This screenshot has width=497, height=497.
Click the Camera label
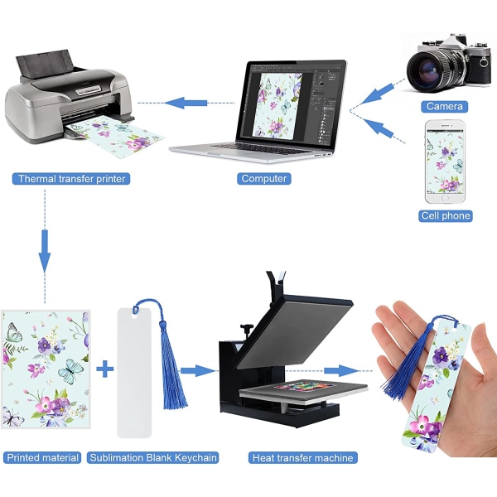[x=444, y=107]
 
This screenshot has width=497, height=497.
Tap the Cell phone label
[x=446, y=216]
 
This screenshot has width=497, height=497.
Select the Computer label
[x=264, y=179]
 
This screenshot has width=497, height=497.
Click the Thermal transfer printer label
[x=71, y=179]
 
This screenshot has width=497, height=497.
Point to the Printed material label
[x=42, y=458]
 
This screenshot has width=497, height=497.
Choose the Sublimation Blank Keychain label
[x=153, y=458]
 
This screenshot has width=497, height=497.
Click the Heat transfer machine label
[x=302, y=458]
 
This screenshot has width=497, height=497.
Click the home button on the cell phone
[x=445, y=198]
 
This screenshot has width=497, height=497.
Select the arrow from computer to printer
[x=186, y=103]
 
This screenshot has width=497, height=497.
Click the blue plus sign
[x=105, y=369]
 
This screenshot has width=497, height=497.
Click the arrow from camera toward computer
[x=377, y=94]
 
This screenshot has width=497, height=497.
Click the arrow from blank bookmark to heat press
[x=197, y=370]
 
